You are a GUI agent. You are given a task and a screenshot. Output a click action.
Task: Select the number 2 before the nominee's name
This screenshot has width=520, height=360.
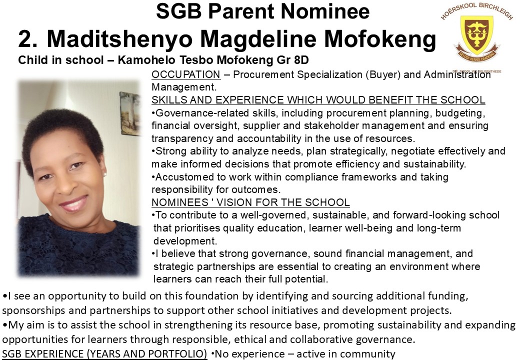pyautogui.click(x=26, y=39)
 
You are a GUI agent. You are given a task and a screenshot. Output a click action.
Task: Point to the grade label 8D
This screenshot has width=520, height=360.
pyautogui.click(x=299, y=60)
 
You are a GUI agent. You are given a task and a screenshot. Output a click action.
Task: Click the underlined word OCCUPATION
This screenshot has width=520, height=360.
pyautogui.click(x=185, y=74)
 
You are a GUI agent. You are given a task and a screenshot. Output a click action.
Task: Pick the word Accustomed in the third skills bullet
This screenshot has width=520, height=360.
pyautogui.click(x=181, y=177)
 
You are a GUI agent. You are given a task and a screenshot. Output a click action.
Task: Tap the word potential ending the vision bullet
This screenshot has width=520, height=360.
pyautogui.click(x=308, y=279)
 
